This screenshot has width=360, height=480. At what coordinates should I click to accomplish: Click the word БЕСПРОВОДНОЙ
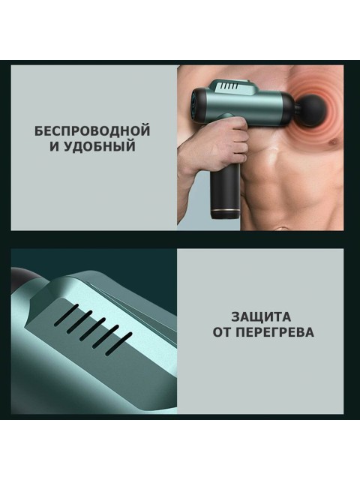coord(92,130)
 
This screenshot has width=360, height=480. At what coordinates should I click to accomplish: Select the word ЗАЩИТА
coord(262,316)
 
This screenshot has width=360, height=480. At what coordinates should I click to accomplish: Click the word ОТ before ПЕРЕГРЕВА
coord(221,331)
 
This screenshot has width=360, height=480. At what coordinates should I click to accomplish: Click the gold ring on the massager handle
coord(226,202)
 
